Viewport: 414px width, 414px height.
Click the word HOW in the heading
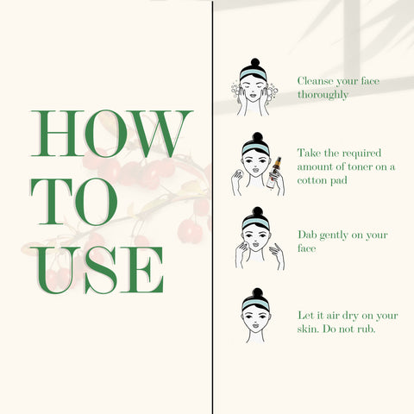click(x=111, y=134)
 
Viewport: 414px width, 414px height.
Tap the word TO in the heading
click(x=74, y=202)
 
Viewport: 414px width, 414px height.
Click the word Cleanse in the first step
click(x=316, y=81)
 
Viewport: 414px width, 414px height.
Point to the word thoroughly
click(x=323, y=95)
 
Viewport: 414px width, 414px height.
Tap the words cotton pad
click(x=323, y=181)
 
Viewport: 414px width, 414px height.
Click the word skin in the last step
click(x=308, y=329)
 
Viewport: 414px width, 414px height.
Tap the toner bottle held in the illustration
click(x=273, y=172)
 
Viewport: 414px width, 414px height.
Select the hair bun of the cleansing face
click(x=255, y=62)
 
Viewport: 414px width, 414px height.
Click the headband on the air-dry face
click(x=255, y=304)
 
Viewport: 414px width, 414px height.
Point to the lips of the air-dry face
click(x=255, y=326)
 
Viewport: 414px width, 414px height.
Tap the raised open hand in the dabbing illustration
click(x=277, y=254)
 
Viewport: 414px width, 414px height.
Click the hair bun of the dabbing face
click(x=257, y=211)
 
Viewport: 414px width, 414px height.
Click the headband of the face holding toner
click(x=255, y=148)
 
